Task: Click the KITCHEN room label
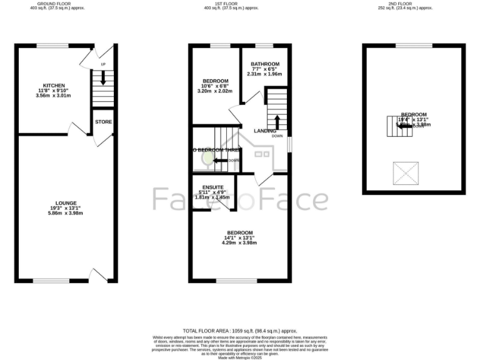54,85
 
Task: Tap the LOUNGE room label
66,202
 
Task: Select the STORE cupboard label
104,122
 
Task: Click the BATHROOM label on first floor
265,64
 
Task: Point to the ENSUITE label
212,187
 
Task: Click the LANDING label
265,131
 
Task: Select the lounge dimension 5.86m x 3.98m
66,213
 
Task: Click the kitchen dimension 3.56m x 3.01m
54,96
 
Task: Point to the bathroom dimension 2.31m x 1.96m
265,74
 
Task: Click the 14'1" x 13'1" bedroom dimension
240,237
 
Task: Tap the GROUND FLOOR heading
52,3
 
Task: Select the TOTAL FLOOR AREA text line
240,331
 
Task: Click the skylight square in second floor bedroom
404,172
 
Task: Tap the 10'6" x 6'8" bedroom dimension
215,86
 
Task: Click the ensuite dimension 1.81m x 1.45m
212,197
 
